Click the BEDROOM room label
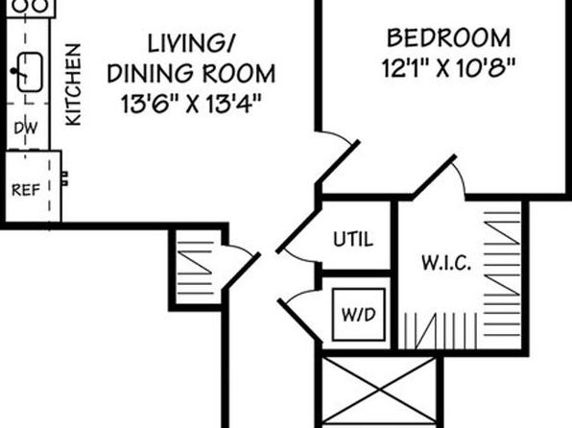(x=448, y=38)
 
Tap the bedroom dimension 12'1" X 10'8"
(x=448, y=68)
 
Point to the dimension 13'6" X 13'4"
(x=191, y=104)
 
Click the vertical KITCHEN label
(x=73, y=84)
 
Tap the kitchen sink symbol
(x=30, y=72)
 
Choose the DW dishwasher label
(x=26, y=128)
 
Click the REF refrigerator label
(x=26, y=190)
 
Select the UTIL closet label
(x=353, y=239)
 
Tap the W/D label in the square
(x=359, y=315)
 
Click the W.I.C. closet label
(x=445, y=263)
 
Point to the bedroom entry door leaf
(x=338, y=162)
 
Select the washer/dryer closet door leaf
(x=300, y=321)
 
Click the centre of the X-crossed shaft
(x=379, y=391)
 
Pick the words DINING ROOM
(x=191, y=73)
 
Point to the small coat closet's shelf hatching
(x=195, y=268)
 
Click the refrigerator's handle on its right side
(x=64, y=178)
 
